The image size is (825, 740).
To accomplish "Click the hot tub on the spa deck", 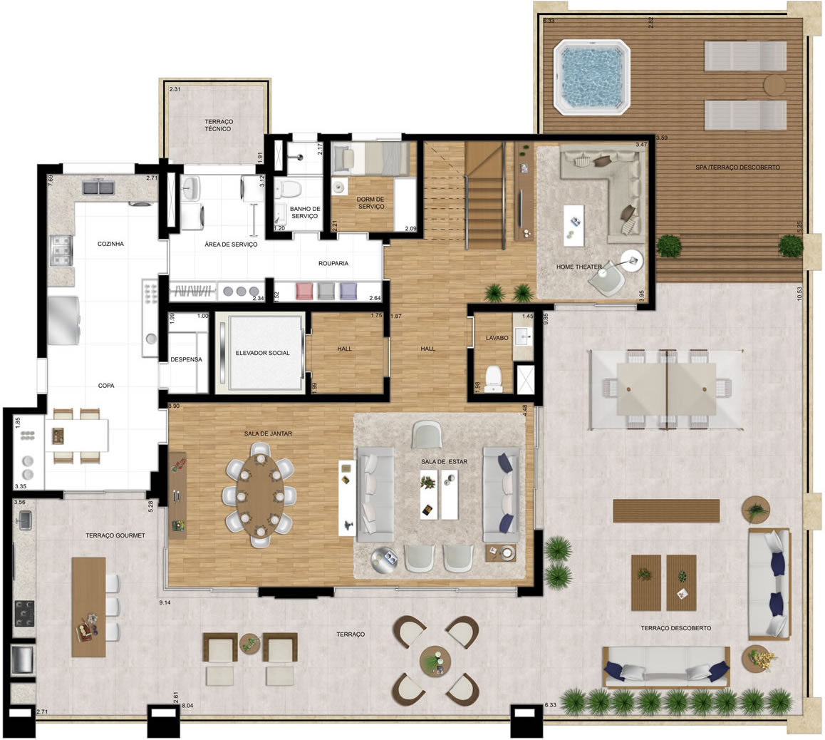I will pyautogui.click(x=592, y=77).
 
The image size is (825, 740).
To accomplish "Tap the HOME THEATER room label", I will pyautogui.click(x=578, y=267).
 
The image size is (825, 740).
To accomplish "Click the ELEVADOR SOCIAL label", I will pyautogui.click(x=263, y=353).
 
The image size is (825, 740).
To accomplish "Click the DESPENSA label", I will pyautogui.click(x=186, y=360).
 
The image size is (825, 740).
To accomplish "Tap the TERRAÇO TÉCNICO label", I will pyautogui.click(x=218, y=125).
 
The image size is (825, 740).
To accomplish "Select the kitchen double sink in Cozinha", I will pyautogui.click(x=98, y=188).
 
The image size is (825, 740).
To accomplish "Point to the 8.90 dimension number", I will pyautogui.click(x=174, y=406).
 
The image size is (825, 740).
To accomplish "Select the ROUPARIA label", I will pyautogui.click(x=333, y=264).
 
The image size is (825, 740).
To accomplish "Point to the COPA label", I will pyautogui.click(x=106, y=386).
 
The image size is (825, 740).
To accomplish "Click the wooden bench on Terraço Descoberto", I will pyautogui.click(x=666, y=510).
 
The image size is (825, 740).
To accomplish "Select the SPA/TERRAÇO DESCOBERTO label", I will pyautogui.click(x=738, y=168).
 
